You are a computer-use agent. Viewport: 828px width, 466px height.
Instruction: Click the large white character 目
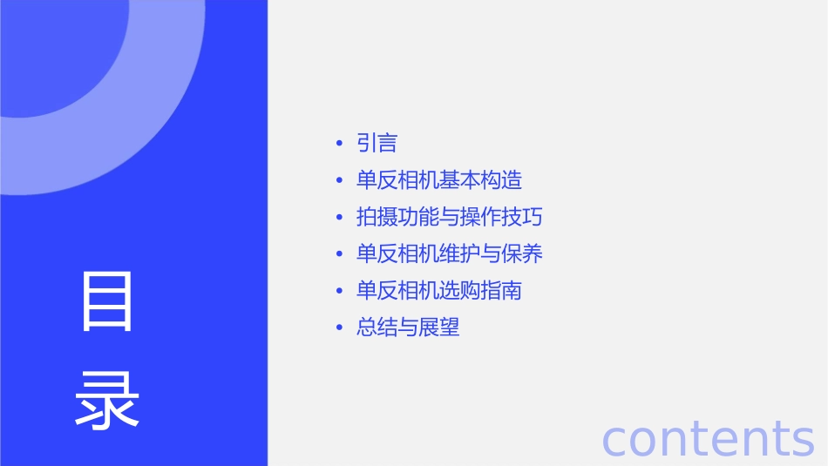click(107, 301)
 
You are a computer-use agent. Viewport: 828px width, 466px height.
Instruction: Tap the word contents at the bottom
click(708, 437)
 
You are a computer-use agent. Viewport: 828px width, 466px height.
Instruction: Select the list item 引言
click(377, 143)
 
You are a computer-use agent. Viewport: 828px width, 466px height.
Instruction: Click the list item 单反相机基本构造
click(439, 180)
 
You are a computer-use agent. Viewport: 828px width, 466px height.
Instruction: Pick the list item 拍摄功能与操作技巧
click(450, 217)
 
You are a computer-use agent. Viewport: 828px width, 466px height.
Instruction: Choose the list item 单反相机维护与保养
click(450, 253)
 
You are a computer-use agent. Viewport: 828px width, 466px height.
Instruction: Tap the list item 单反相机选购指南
click(439, 290)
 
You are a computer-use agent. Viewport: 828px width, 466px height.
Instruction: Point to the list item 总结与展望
click(408, 328)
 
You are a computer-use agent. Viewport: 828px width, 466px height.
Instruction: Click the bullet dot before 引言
click(339, 144)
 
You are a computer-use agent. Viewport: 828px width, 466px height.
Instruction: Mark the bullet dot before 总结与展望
click(339, 328)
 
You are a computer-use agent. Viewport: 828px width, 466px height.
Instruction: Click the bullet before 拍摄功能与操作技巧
click(339, 218)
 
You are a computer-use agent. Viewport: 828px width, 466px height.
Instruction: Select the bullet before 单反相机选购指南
click(339, 291)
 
